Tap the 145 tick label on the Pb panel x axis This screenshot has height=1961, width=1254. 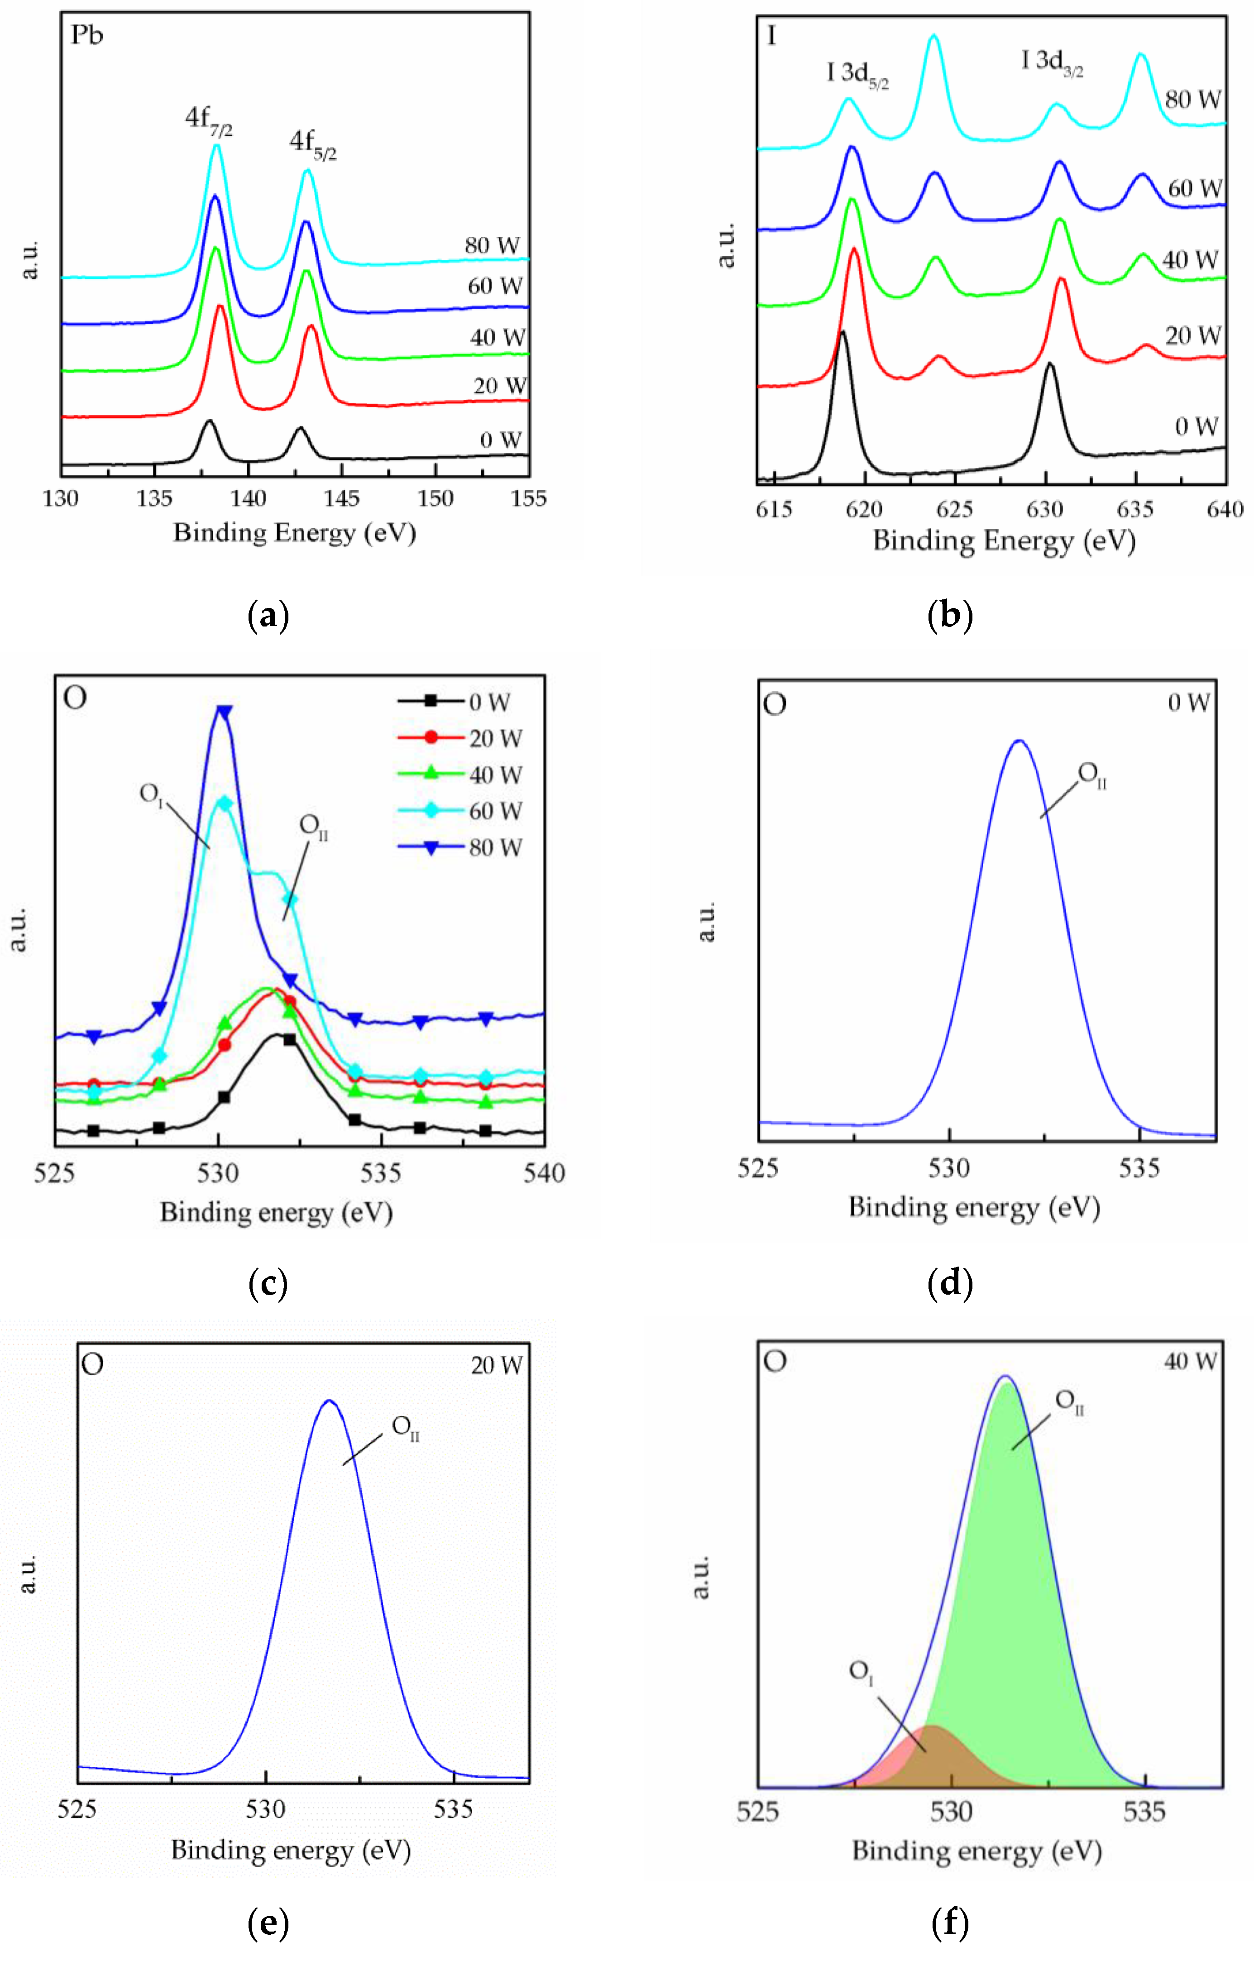point(341,498)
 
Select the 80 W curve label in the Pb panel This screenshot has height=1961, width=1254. point(492,245)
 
